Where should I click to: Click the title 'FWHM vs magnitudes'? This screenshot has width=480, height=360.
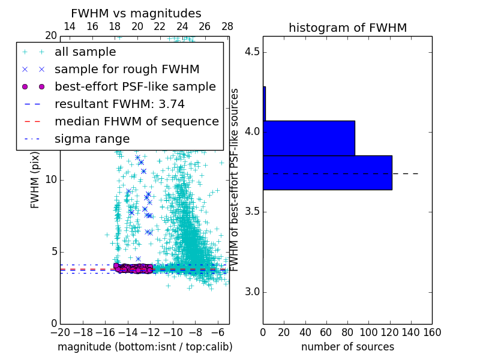(x=136, y=13)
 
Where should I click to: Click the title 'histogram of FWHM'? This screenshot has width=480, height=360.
(x=347, y=28)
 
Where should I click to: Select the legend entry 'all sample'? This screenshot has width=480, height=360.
(x=85, y=52)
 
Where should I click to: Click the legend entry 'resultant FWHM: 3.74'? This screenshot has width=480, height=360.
(x=119, y=104)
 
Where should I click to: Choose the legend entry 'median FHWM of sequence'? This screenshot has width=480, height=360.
(x=136, y=121)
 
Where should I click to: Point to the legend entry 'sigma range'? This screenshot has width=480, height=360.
(x=92, y=139)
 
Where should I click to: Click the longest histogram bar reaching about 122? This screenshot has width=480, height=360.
(x=328, y=173)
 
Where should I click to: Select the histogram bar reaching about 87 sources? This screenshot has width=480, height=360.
(x=309, y=138)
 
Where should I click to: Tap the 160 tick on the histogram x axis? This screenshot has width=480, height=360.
(x=432, y=332)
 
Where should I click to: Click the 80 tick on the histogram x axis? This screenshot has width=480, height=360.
(x=347, y=332)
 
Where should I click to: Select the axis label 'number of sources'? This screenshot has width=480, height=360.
(x=347, y=347)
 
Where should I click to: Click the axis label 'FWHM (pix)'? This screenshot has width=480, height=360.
(x=35, y=179)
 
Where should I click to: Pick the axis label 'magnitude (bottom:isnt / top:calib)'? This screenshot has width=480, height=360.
(x=145, y=347)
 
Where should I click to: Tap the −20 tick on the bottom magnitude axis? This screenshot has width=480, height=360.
(x=60, y=332)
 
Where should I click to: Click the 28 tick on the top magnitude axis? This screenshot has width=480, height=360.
(x=227, y=26)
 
